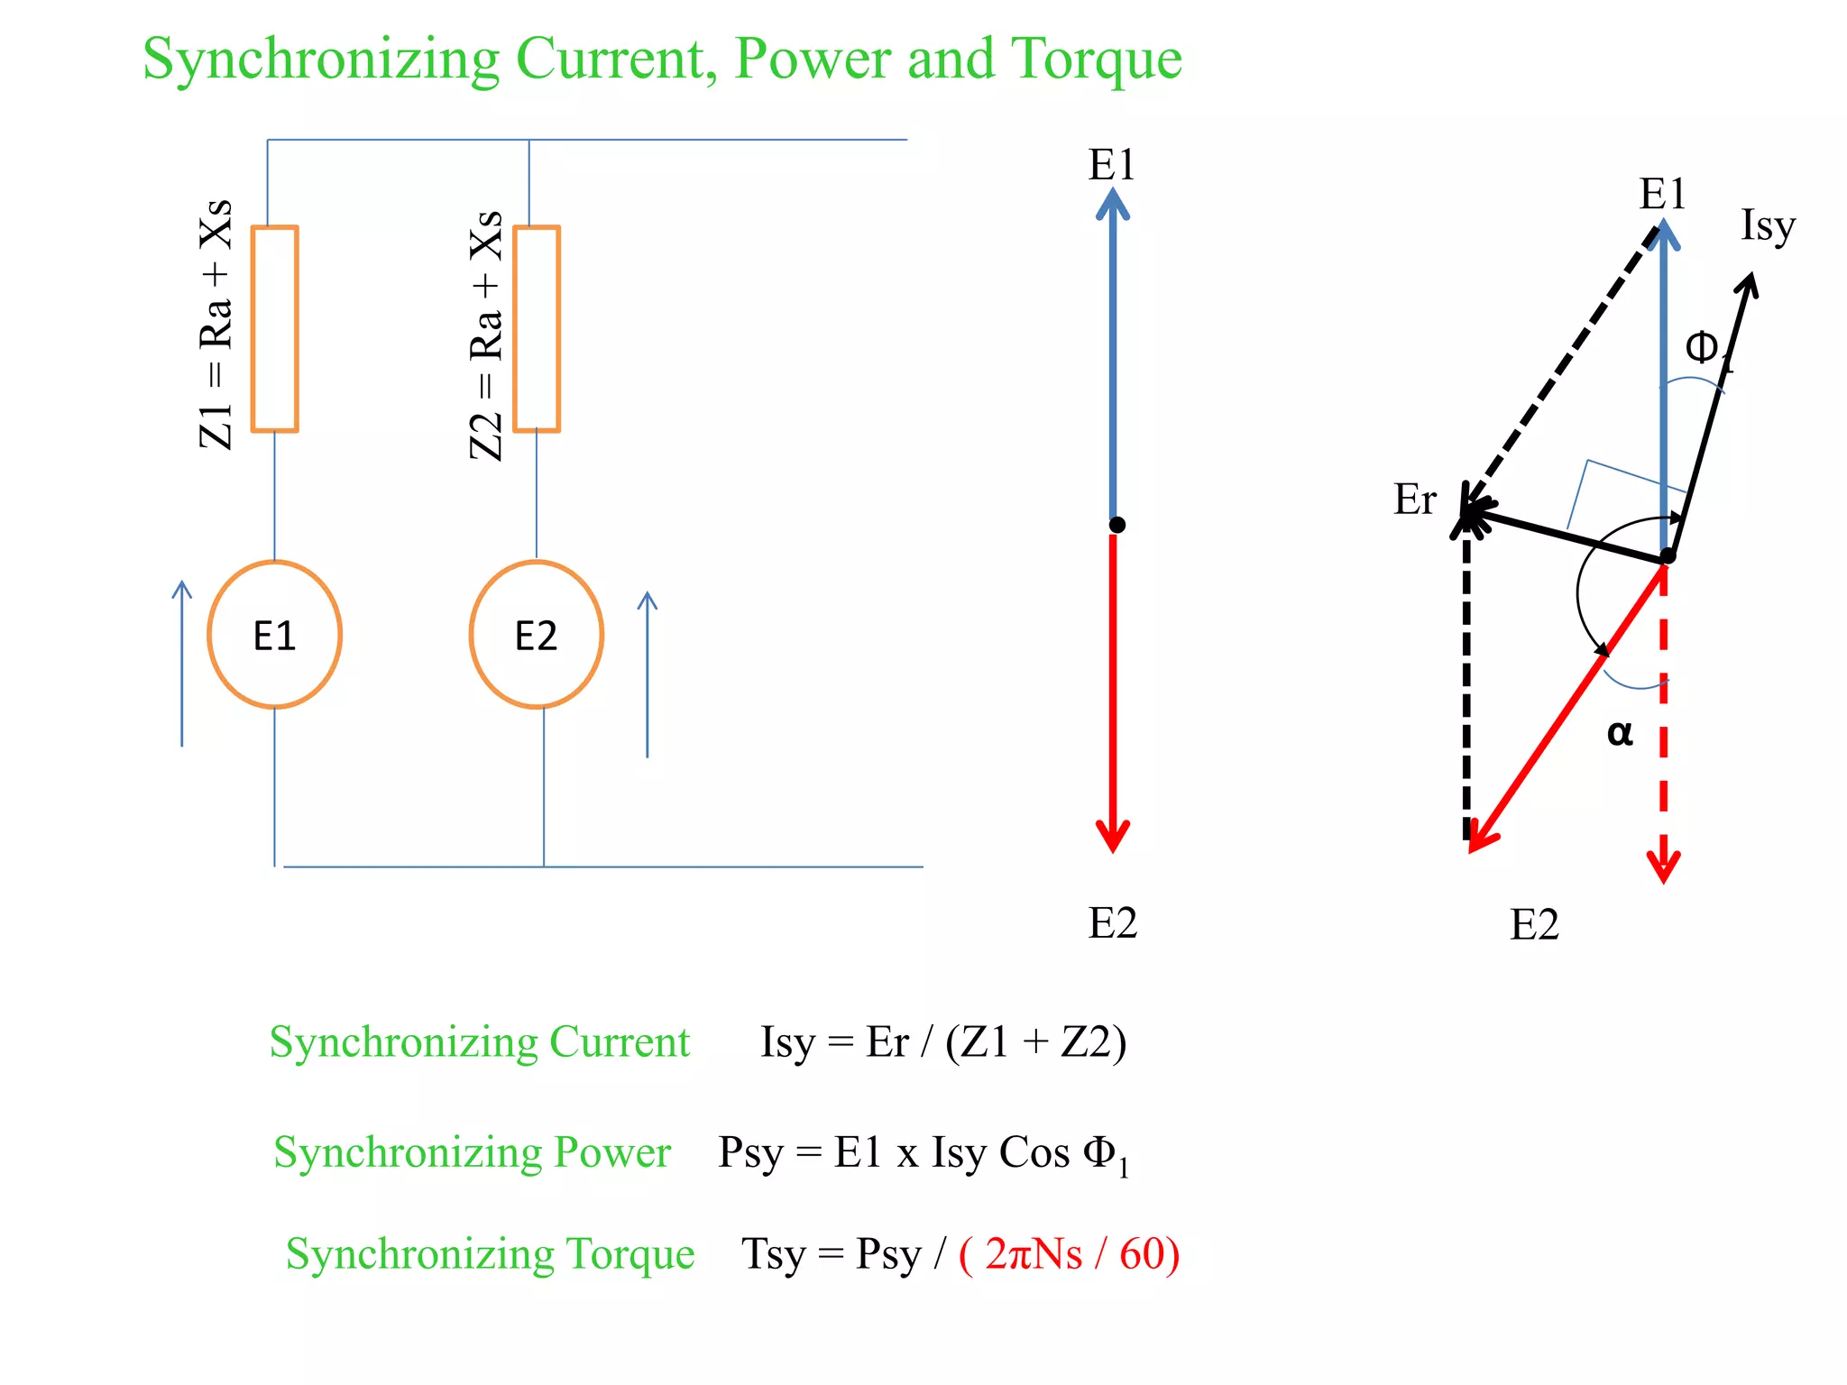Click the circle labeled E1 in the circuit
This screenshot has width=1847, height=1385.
pyautogui.click(x=274, y=635)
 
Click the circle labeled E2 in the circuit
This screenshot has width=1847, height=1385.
pyautogui.click(x=537, y=635)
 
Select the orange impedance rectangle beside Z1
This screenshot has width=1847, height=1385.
pyautogui.click(x=274, y=329)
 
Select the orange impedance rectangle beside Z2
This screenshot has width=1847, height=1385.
pyautogui.click(x=537, y=329)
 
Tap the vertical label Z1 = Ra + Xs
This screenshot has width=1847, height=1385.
pyautogui.click(x=216, y=325)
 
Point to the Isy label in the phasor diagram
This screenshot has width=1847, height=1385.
pyautogui.click(x=1768, y=225)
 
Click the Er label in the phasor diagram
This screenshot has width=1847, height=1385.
pyautogui.click(x=1414, y=500)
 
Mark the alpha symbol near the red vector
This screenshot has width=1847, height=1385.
pyautogui.click(x=1620, y=732)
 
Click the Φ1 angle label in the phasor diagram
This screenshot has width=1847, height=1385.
pyautogui.click(x=1707, y=350)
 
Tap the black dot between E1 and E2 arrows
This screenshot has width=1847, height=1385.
pyautogui.click(x=1117, y=525)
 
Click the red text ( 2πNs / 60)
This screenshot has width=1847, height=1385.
pyautogui.click(x=1069, y=1253)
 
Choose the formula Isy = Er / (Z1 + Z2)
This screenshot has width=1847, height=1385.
pyautogui.click(x=943, y=1042)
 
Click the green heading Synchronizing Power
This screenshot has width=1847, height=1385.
pyautogui.click(x=473, y=1152)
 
